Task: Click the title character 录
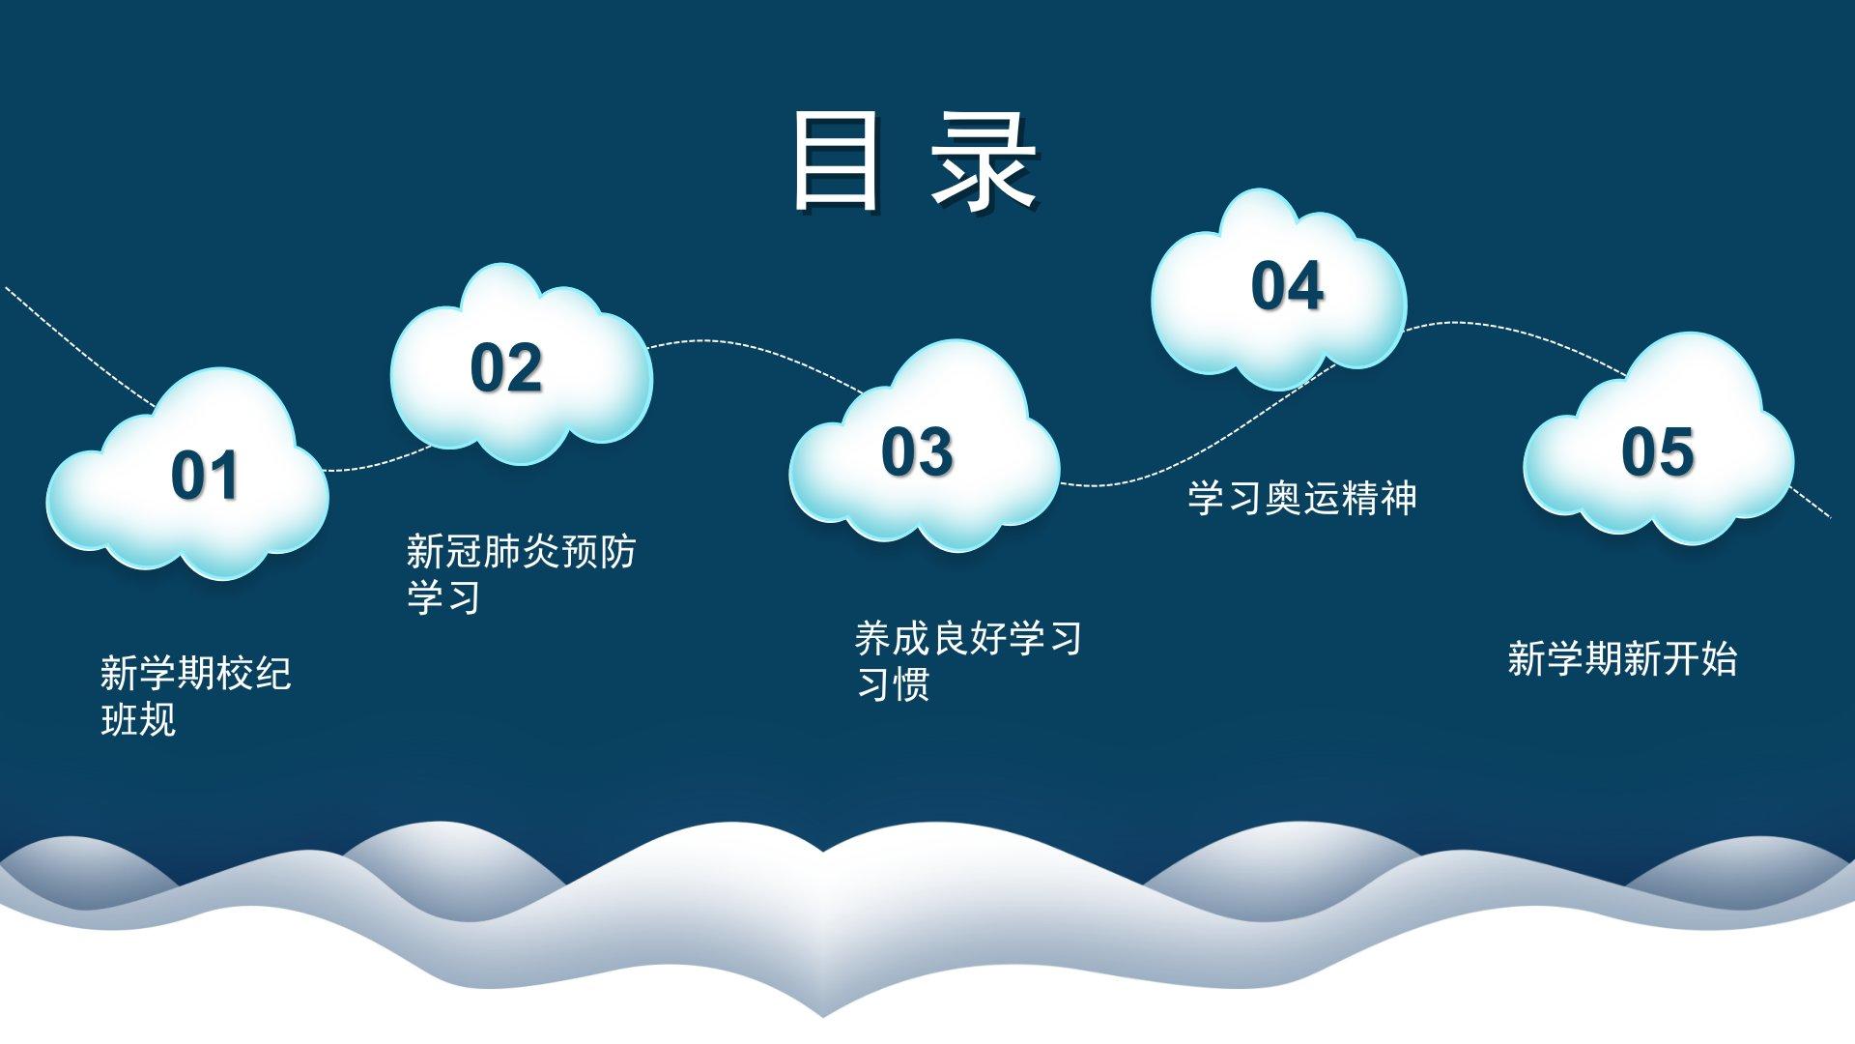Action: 985,160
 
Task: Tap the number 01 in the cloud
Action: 204,476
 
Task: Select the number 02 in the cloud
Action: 506,368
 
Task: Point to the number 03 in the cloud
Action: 917,451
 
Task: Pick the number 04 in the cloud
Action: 1287,286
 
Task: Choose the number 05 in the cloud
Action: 1657,451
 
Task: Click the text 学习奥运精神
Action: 1302,499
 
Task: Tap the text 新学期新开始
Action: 1622,659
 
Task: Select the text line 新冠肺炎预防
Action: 521,552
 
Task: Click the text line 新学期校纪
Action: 196,674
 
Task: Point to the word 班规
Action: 138,720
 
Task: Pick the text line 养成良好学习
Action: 968,638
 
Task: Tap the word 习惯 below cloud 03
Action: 893,684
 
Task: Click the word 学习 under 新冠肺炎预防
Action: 443,597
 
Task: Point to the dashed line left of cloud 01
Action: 79,345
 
